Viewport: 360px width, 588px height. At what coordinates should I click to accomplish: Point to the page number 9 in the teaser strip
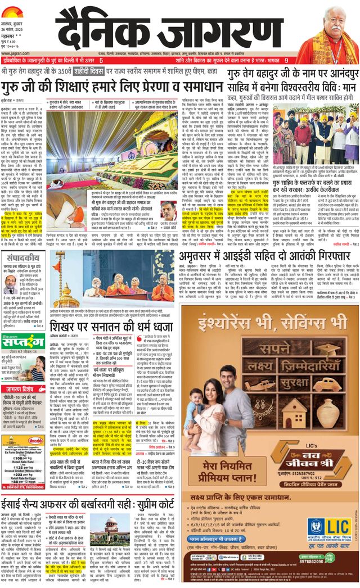pyautogui.click(x=286, y=60)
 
